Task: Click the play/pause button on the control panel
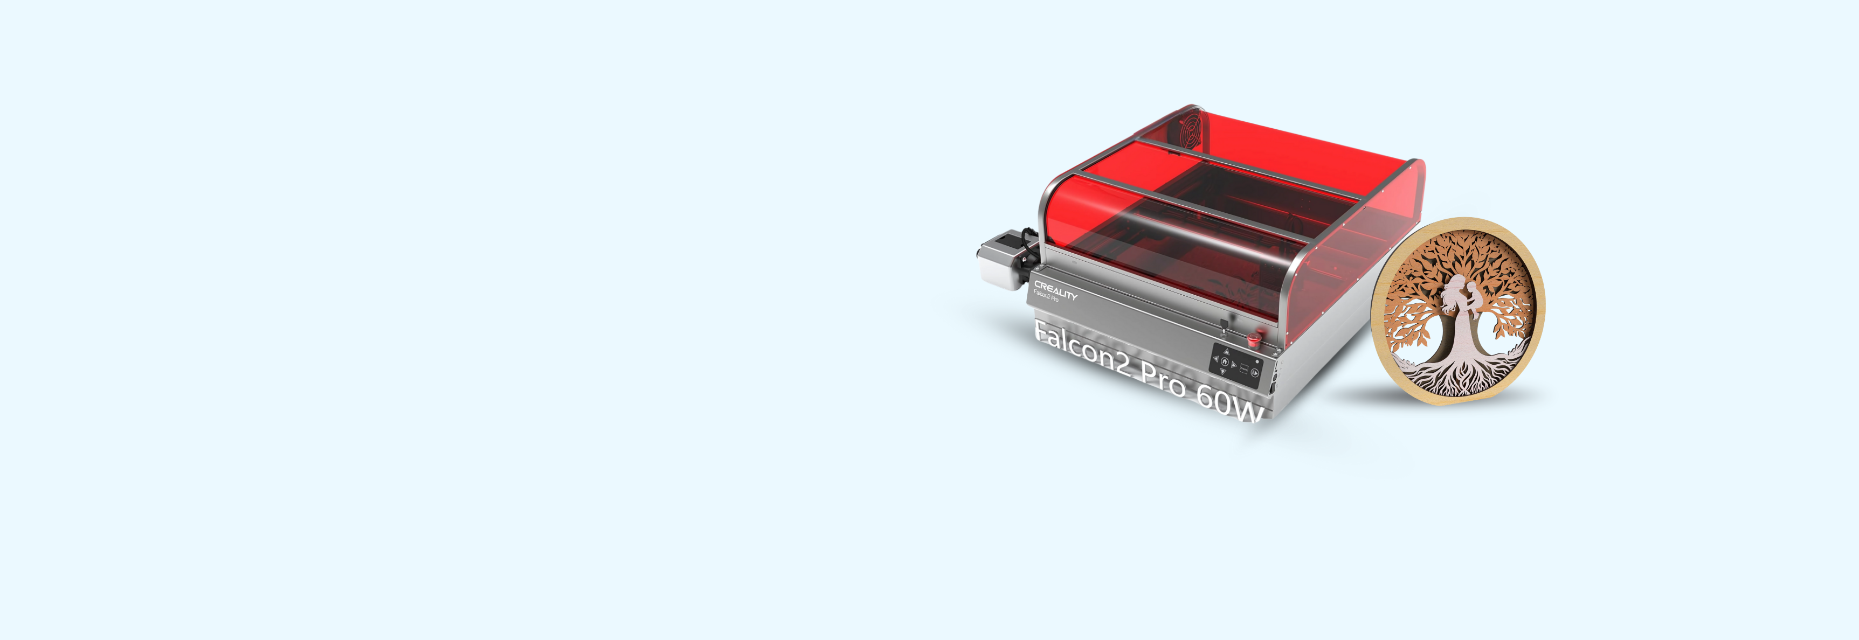pyautogui.click(x=1255, y=372)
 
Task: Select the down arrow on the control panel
pyautogui.click(x=1222, y=371)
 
